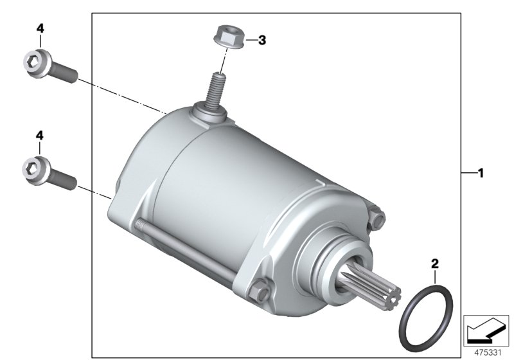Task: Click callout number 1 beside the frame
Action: point(481,173)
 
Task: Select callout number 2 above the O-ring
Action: point(435,264)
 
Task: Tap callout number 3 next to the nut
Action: point(262,40)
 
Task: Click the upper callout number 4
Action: point(40,28)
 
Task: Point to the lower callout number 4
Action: point(40,135)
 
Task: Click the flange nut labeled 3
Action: point(229,37)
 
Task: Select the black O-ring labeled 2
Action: point(426,318)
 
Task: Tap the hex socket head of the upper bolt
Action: point(37,63)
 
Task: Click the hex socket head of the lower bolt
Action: point(36,170)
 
